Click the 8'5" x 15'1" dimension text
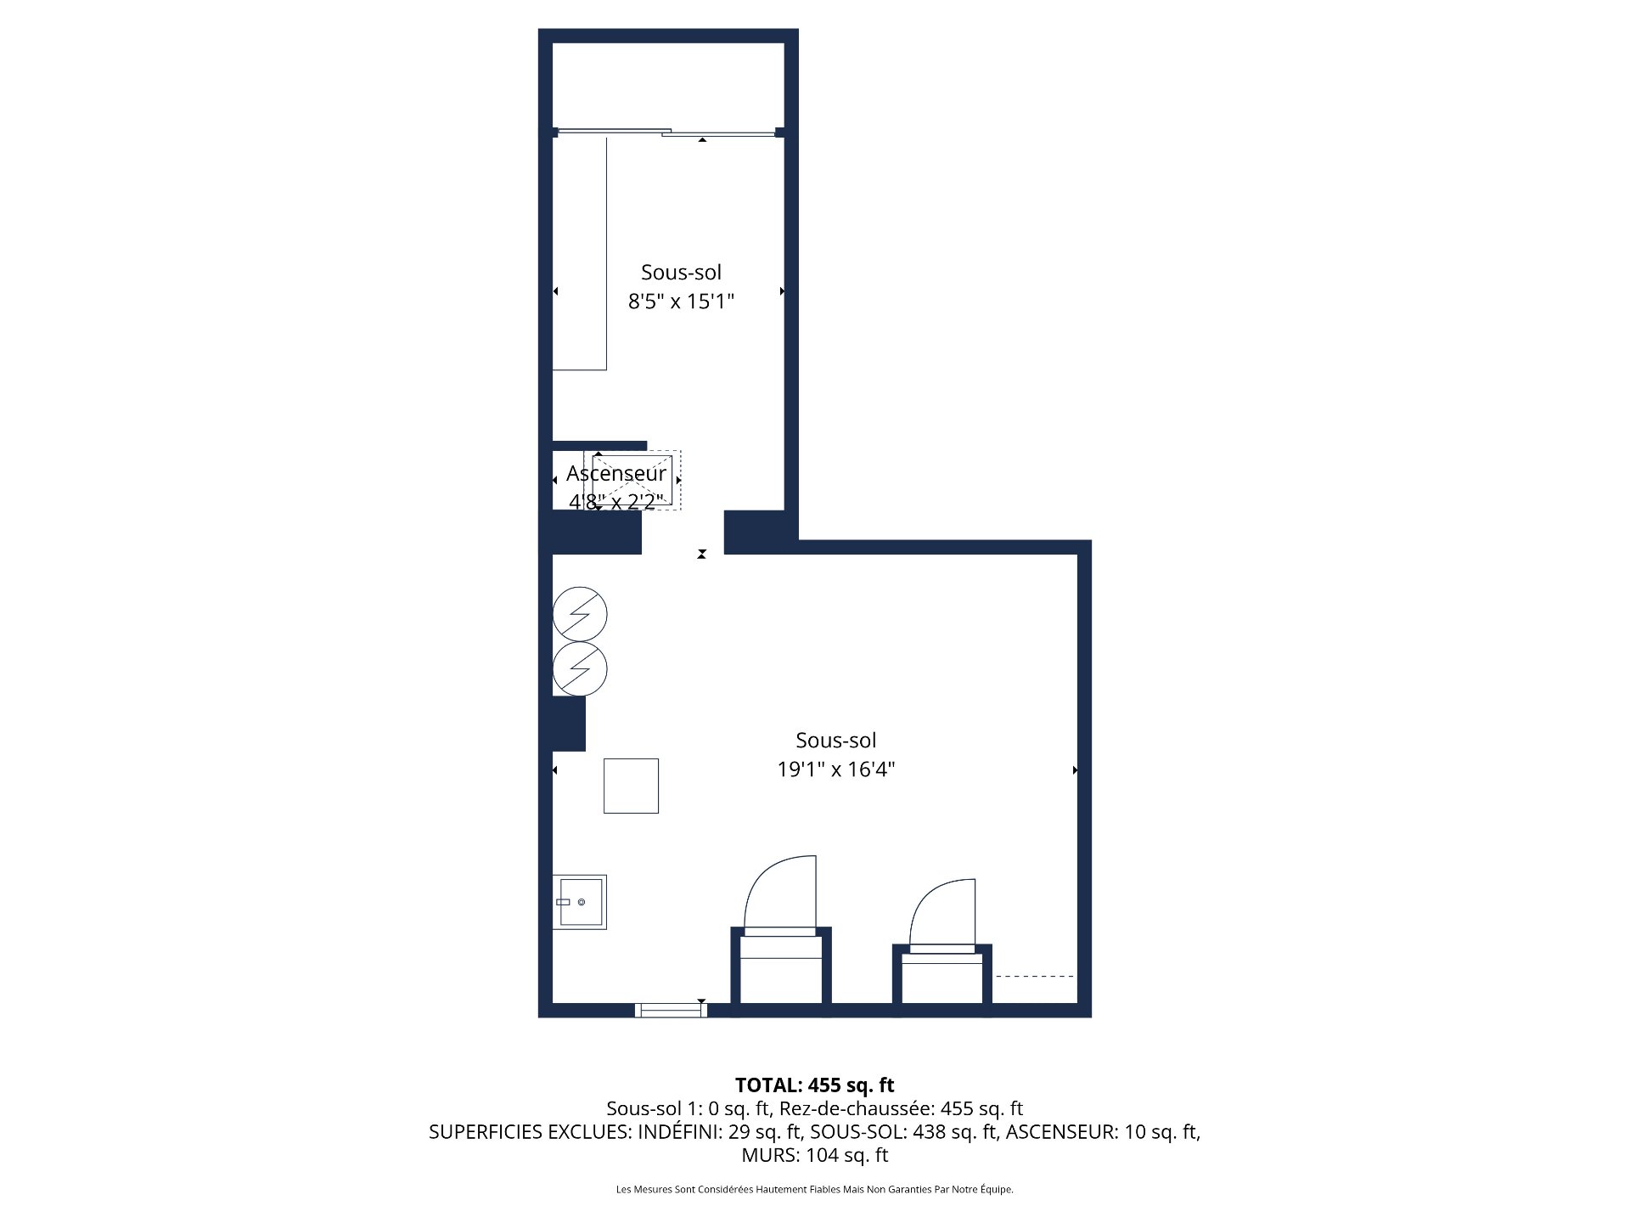[681, 302]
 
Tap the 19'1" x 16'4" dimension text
[836, 769]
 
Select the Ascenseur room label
[616, 473]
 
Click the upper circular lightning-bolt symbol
[580, 613]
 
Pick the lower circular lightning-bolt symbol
[580, 669]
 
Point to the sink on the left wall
[580, 902]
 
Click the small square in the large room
[631, 786]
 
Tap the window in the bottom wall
[671, 1010]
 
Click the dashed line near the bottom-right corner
[1034, 977]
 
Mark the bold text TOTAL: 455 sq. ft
[814, 1085]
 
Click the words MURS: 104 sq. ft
[814, 1155]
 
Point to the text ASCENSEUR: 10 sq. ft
[1102, 1132]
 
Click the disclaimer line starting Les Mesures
[814, 1190]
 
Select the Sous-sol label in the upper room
[681, 273]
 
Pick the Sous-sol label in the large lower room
[836, 741]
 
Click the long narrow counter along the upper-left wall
[580, 253]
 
